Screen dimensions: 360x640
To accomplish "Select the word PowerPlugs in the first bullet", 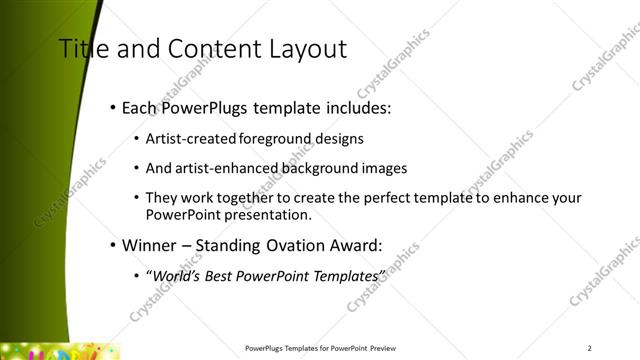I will click(x=207, y=107).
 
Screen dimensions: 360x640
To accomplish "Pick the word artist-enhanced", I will click(x=213, y=168).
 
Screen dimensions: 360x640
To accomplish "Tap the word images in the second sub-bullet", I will click(x=384, y=168).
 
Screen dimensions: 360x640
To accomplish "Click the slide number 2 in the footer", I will click(x=589, y=348).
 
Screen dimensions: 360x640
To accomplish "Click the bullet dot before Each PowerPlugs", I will click(x=112, y=107).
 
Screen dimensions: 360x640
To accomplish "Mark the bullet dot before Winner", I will click(x=112, y=243).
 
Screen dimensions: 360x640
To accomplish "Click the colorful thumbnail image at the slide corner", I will click(x=60, y=351).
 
